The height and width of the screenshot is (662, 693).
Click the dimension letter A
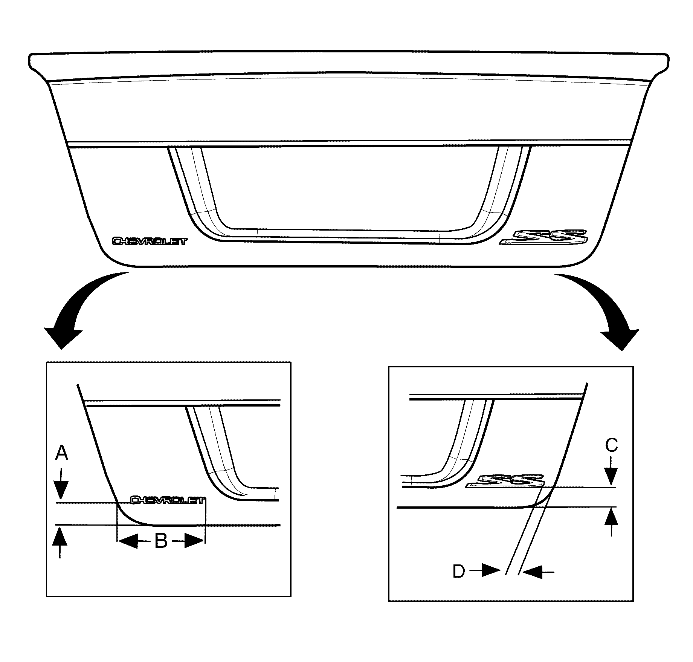pos(61,453)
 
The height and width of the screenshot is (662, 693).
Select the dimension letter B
pos(161,542)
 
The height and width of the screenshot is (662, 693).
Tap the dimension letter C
pos(611,446)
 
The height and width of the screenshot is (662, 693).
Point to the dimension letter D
pos(459,572)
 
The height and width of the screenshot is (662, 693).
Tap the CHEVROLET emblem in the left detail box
pos(168,500)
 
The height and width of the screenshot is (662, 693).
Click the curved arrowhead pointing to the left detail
pos(63,338)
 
